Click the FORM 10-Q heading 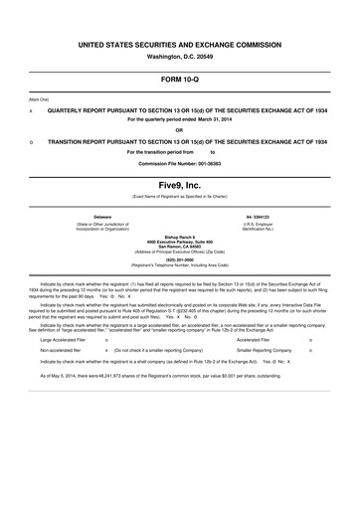(180, 78)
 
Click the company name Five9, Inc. (180, 186)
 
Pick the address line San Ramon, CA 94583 (180, 248)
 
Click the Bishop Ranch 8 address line (180, 238)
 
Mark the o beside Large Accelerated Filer (106, 339)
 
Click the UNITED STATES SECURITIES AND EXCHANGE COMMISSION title (180, 45)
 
